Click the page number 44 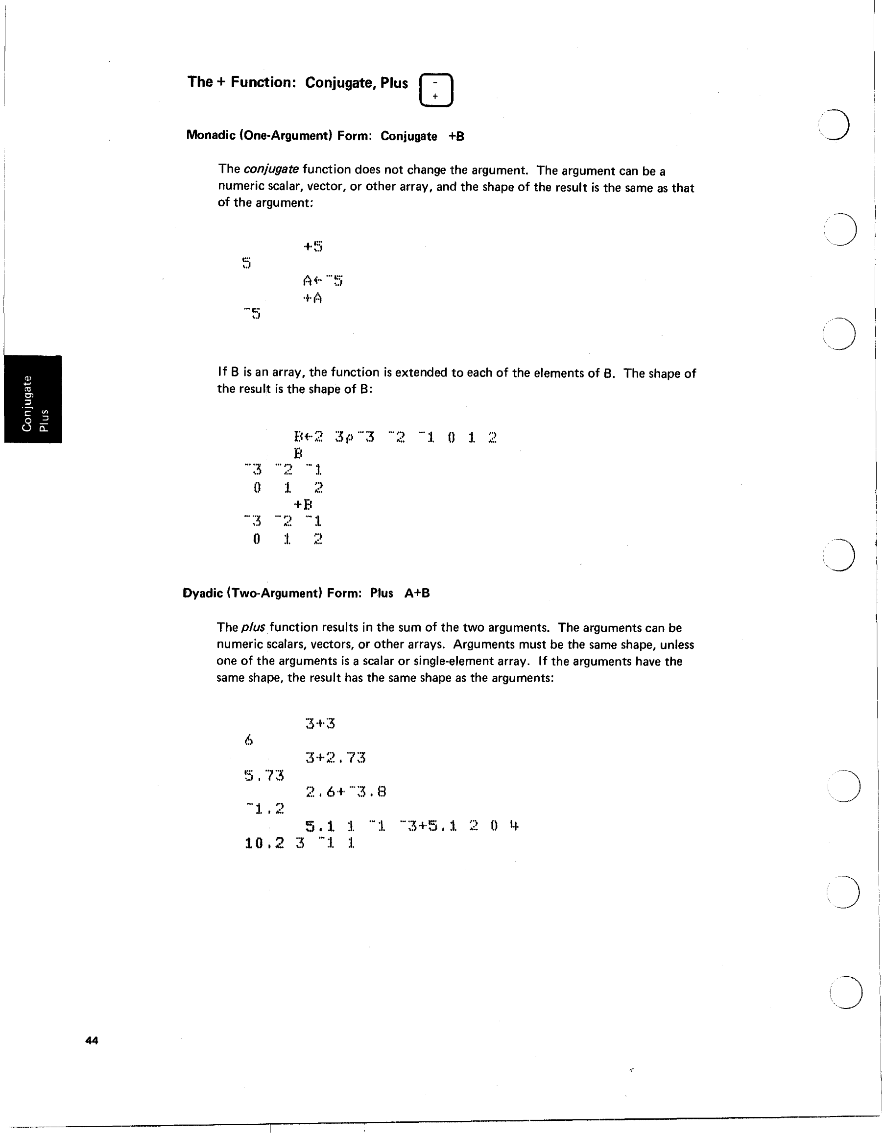tap(92, 1040)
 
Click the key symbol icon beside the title tap(436, 90)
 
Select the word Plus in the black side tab tap(45, 420)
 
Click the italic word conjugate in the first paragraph tap(271, 169)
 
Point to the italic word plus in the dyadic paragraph tap(254, 628)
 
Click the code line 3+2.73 tap(335, 758)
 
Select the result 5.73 tap(264, 776)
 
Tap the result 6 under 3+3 tap(249, 740)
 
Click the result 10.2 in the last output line tap(264, 843)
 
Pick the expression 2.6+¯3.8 tap(345, 792)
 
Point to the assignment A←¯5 tap(323, 281)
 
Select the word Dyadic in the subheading tap(203, 593)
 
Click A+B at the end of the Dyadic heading tap(417, 593)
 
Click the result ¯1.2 tap(265, 809)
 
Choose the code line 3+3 tap(320, 723)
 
